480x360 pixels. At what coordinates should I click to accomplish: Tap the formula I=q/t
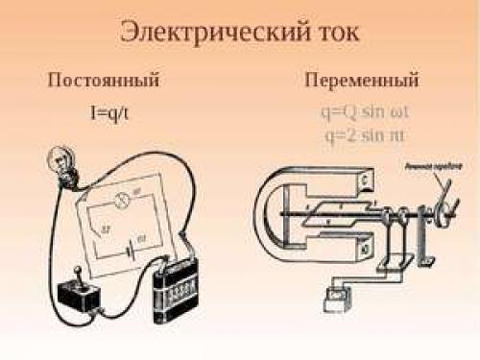[x=105, y=111]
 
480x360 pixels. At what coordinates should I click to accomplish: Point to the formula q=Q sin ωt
[x=362, y=111]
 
